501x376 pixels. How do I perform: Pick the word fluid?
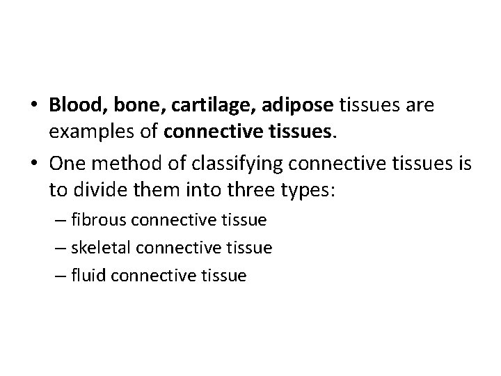(x=86, y=275)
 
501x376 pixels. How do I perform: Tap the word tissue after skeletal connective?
(x=248, y=248)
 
